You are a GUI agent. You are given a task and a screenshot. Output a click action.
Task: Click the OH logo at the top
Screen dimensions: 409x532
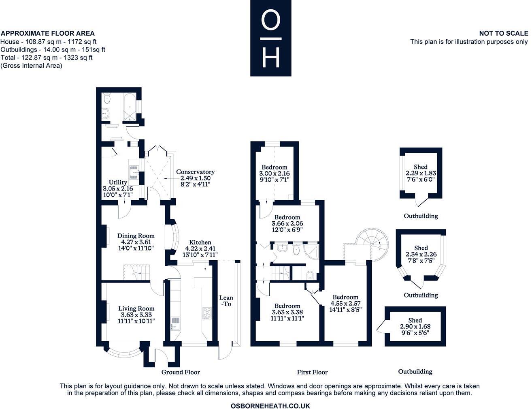tap(270, 38)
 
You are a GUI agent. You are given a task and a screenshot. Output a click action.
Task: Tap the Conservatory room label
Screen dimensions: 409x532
tap(195, 172)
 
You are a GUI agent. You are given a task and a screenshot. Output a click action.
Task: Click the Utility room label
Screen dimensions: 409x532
tap(118, 183)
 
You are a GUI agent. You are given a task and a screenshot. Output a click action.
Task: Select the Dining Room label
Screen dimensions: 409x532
tap(136, 236)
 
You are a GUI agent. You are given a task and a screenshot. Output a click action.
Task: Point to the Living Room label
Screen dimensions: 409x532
tap(136, 308)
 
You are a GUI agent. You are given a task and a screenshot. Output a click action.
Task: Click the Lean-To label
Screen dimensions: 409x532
tap(226, 301)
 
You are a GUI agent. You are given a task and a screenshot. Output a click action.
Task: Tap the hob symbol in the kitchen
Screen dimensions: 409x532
tap(207, 313)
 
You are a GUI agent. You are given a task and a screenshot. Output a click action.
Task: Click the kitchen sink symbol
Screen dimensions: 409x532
tap(176, 323)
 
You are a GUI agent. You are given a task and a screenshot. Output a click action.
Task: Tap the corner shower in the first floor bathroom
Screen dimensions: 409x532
tap(311, 252)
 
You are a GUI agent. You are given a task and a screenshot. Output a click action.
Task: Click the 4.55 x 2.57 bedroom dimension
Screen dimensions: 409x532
tap(345, 303)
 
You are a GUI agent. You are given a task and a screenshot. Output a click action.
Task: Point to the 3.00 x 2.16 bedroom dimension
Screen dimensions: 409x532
tap(275, 173)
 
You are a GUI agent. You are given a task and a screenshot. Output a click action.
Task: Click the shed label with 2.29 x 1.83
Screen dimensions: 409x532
tap(421, 173)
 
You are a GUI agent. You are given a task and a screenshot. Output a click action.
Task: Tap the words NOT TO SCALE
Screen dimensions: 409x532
tap(503, 34)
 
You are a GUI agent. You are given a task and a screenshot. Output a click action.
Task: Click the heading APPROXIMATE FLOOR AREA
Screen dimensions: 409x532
tap(48, 34)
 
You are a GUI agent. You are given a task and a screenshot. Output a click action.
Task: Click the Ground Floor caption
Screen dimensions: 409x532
tap(181, 372)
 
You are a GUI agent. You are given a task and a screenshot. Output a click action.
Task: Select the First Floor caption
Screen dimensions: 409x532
tap(312, 372)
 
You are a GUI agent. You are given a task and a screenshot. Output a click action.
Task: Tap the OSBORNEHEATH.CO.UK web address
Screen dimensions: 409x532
tap(270, 405)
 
